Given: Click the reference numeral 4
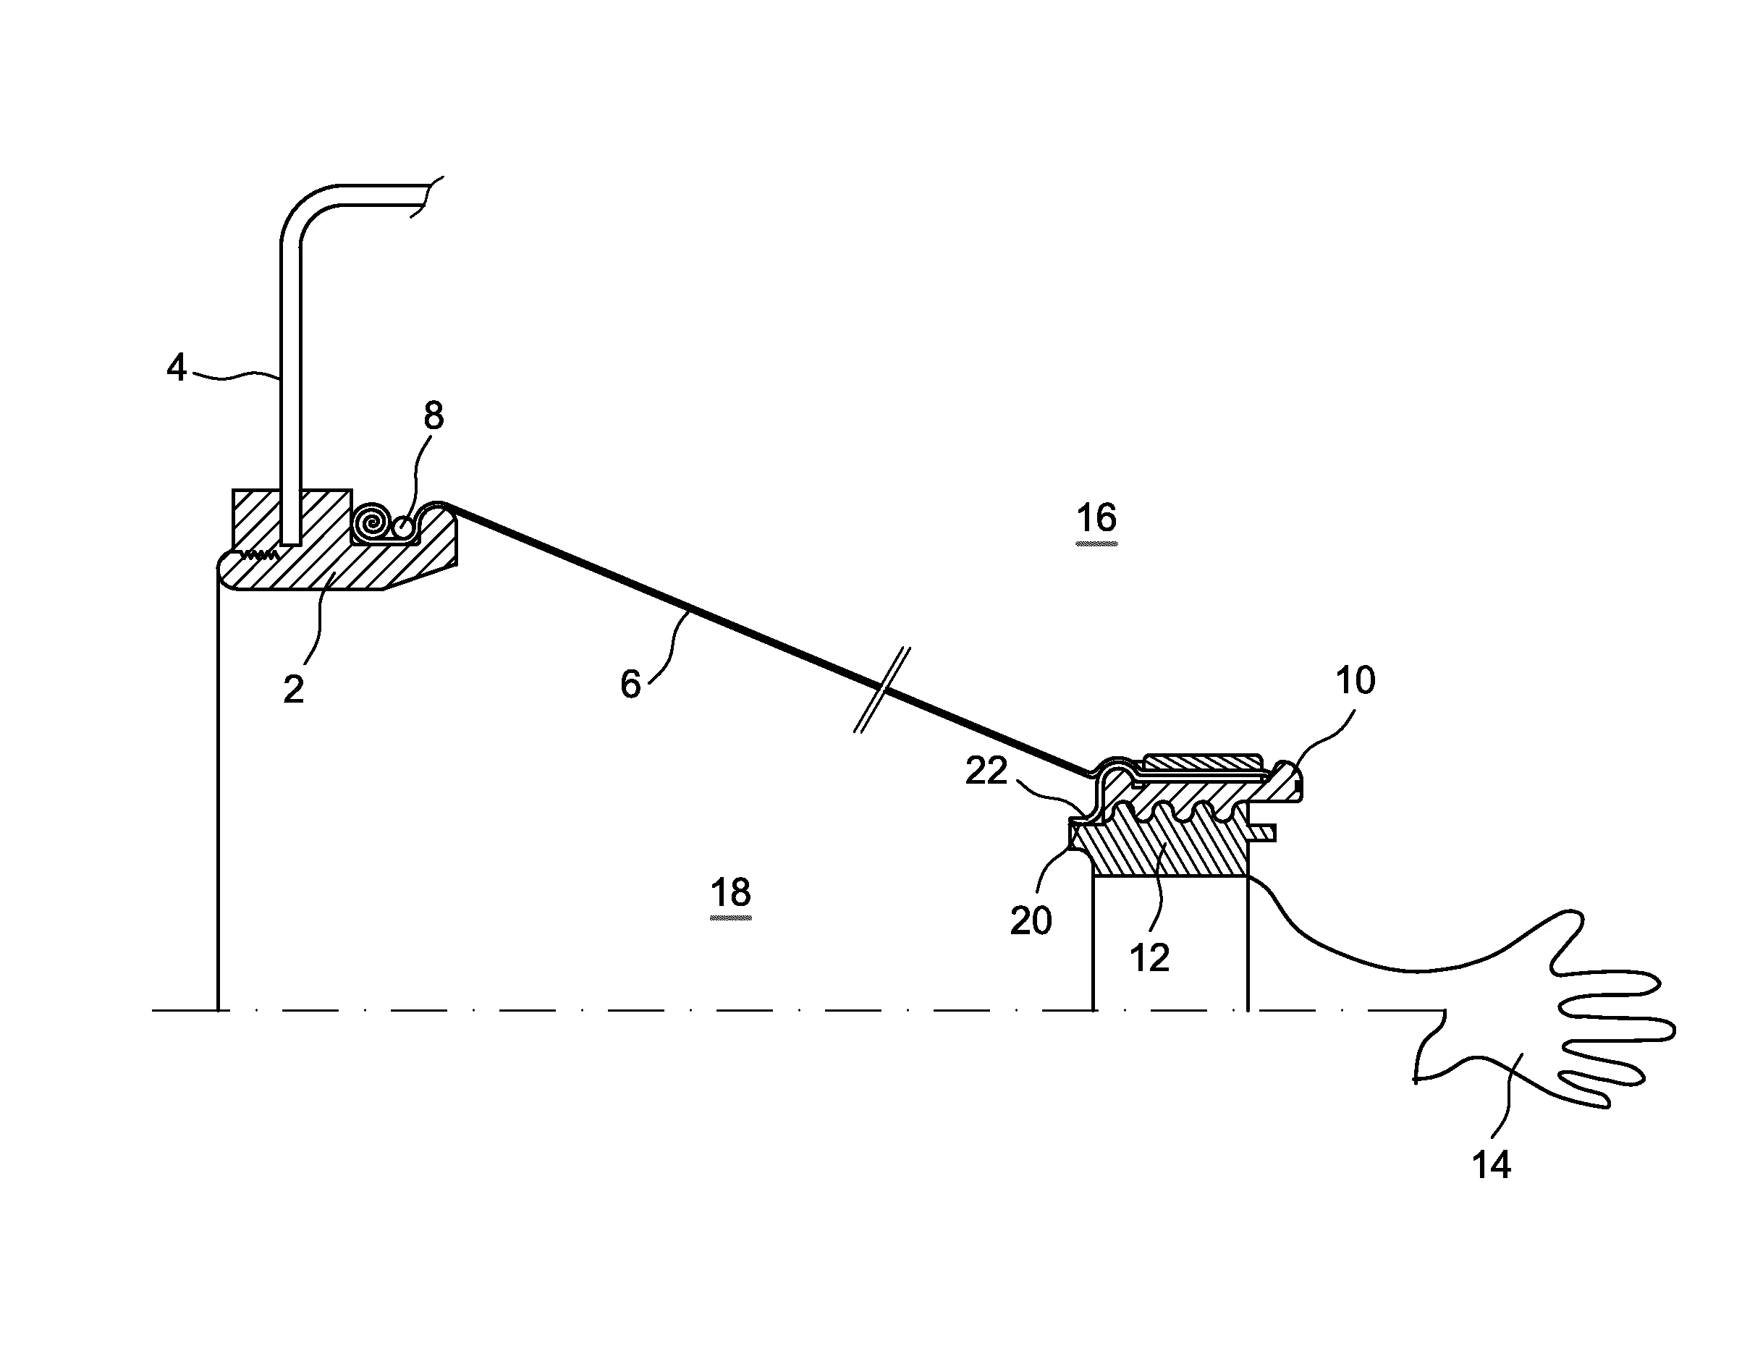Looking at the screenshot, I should point(176,368).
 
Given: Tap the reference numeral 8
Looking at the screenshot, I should point(433,415).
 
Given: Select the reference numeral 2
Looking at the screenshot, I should point(293,690).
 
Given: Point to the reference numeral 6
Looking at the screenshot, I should point(631,685).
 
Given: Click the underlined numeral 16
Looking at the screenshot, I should point(1096,518).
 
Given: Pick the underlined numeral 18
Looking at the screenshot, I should point(730,893).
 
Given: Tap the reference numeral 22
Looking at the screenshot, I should point(986,771).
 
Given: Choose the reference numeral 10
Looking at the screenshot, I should point(1355,681).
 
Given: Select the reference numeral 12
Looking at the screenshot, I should point(1149,958).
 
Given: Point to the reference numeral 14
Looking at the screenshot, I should point(1491,1164).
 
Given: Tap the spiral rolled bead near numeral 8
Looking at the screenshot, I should point(372,523).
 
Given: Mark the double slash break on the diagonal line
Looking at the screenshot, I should point(881,690).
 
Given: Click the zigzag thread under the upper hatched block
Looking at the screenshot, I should point(257,554).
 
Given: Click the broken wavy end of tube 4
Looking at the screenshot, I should point(426,197).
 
